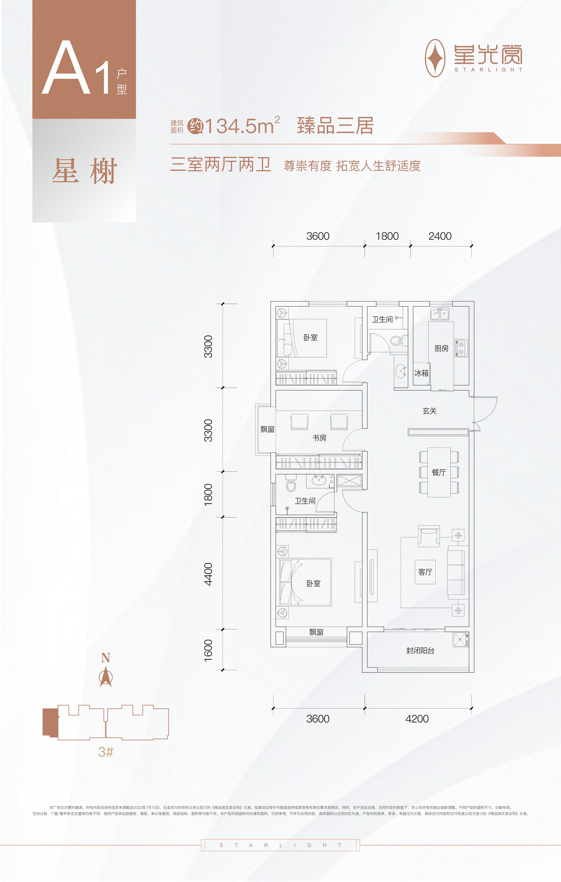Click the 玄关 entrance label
(x=429, y=411)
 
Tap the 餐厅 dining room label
(x=439, y=472)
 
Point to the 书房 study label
(x=319, y=438)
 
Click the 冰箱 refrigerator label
(x=421, y=373)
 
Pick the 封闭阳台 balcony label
(x=420, y=651)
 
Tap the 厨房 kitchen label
(x=441, y=348)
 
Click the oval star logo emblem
(x=435, y=58)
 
